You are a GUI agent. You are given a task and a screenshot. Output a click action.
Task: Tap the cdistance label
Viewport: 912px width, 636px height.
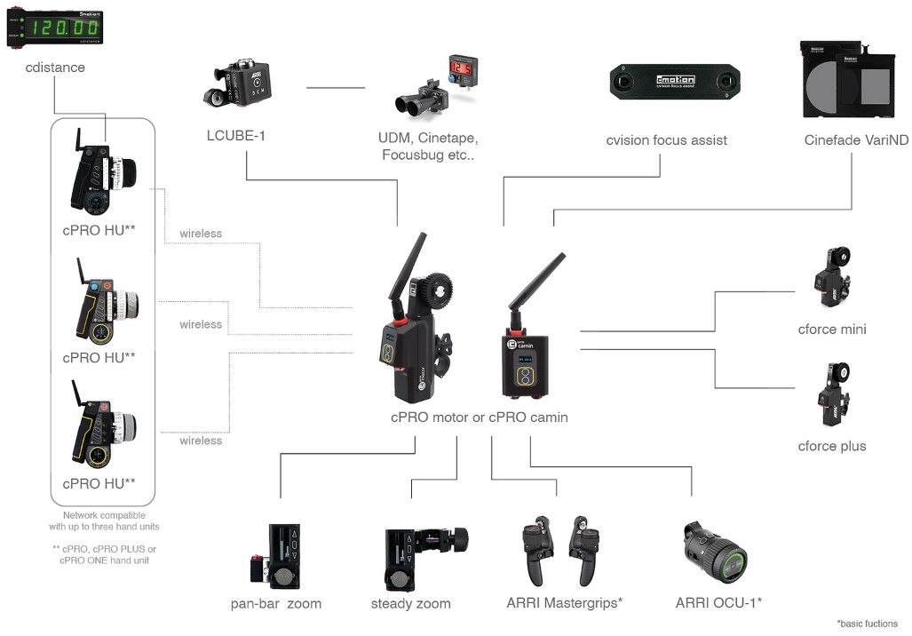[55, 68]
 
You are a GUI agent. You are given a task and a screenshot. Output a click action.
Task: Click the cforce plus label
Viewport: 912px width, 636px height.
[831, 446]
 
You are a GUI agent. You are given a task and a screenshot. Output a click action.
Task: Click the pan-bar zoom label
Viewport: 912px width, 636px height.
[275, 604]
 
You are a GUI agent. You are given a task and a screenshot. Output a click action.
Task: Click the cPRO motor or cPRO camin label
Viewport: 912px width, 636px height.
[480, 417]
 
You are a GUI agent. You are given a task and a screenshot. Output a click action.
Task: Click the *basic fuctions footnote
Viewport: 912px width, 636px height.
[867, 624]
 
